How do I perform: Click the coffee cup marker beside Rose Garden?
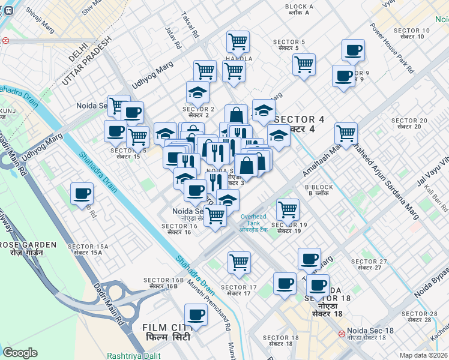pyautogui.click(x=82, y=194)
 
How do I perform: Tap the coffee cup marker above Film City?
pyautogui.click(x=195, y=314)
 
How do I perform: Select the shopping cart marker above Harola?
pyautogui.click(x=238, y=42)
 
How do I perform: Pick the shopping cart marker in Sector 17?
pyautogui.click(x=239, y=262)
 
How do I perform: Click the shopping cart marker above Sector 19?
pyautogui.click(x=288, y=209)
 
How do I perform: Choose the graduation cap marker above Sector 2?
pyautogui.click(x=197, y=92)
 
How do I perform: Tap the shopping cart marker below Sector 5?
pyautogui.click(x=304, y=64)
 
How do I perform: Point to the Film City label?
pyautogui.click(x=166, y=332)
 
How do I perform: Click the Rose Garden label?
pyautogui.click(x=28, y=248)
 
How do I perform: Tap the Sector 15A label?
pyautogui.click(x=88, y=250)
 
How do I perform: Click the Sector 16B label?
pyautogui.click(x=163, y=283)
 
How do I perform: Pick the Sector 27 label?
pyautogui.click(x=369, y=264)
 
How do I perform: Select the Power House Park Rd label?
pyautogui.click(x=392, y=48)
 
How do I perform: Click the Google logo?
pyautogui.click(x=20, y=353)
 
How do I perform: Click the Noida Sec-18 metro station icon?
pyautogui.click(x=341, y=333)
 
